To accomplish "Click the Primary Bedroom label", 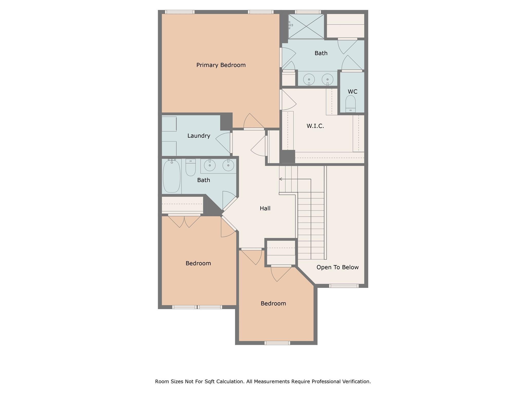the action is pos(221,65).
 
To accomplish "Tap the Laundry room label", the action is pos(199,136).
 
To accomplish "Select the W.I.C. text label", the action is pos(315,126).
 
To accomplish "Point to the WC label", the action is pos(352,92).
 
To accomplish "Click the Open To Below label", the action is pos(337,267).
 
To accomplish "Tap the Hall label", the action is pos(265,208).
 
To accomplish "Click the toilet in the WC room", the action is pos(350,104).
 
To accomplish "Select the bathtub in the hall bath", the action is pos(172,176).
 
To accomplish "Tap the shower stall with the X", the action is pos(306,26).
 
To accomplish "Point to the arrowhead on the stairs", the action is pos(281,179).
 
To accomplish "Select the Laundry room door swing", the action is pos(223,143).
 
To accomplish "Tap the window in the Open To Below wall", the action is pos(344,286).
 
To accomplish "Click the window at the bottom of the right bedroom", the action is pos(277,343).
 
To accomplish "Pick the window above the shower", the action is pos(308,12).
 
